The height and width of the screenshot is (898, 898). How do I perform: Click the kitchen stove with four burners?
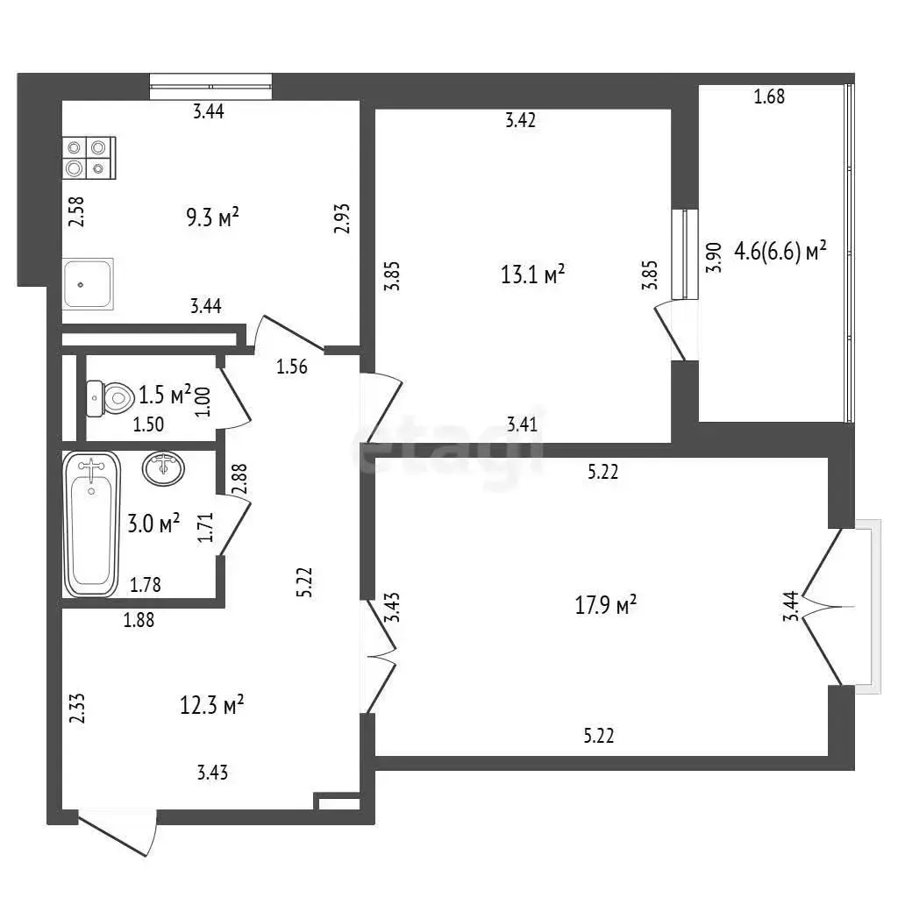coord(89,158)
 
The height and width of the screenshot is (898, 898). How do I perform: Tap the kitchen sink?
coord(88,283)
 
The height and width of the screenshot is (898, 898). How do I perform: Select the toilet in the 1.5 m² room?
coord(109,397)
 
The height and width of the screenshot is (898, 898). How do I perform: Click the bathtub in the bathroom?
coord(91,524)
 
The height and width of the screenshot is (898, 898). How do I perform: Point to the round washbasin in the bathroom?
coord(163,468)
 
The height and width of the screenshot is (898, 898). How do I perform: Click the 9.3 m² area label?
coord(212,217)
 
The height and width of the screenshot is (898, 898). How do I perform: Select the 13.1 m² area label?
coord(532,274)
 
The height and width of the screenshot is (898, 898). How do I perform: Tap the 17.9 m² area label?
coord(605,604)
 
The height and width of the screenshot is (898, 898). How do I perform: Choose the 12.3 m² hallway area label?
coord(212,704)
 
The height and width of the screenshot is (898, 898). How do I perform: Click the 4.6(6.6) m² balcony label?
coord(780,251)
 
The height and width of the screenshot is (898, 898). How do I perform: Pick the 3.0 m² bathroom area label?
coord(153,523)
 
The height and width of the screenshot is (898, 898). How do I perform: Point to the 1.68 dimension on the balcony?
coord(769,96)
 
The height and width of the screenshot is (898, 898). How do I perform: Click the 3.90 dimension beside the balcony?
coord(713,258)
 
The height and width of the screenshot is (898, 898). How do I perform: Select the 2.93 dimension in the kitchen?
coord(341,218)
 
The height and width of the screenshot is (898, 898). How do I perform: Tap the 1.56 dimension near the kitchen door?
coord(292,366)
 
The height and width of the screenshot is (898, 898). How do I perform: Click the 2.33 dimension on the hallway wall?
coord(77,708)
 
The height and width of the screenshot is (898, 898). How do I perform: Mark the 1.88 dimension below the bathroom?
coord(139,620)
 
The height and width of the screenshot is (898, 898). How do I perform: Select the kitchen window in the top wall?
coord(210,87)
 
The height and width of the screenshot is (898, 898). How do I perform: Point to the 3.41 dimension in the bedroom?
coord(523,424)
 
